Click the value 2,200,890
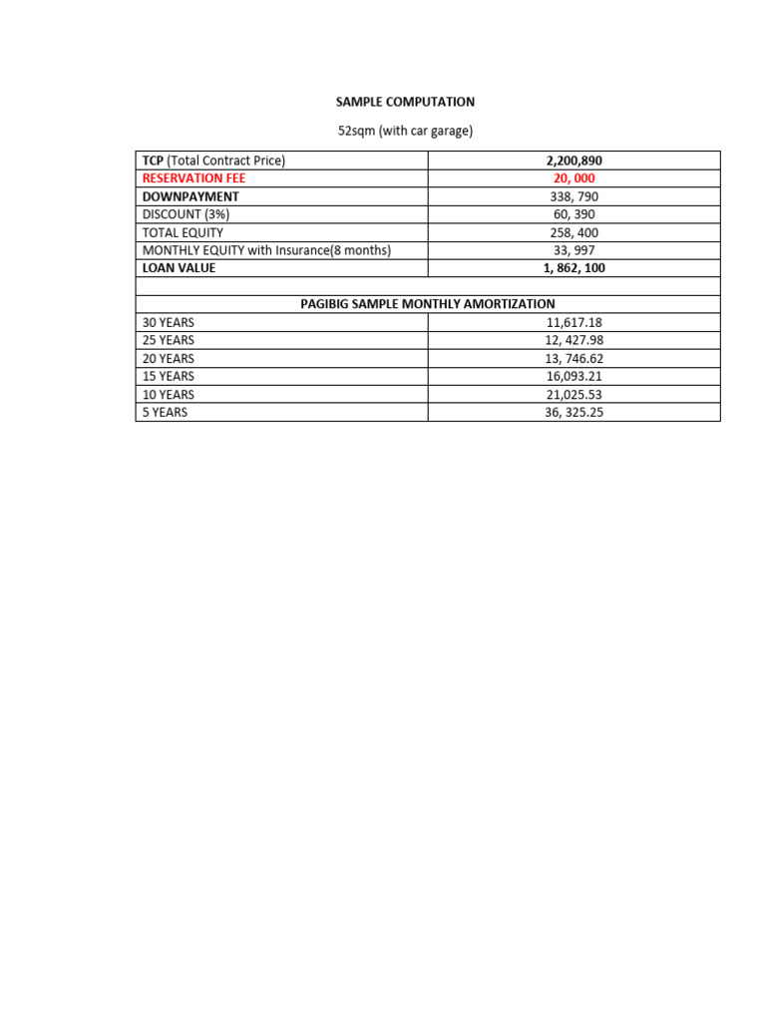tap(574, 161)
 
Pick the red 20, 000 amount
tap(574, 178)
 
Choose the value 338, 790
tap(574, 196)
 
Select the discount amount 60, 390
tap(574, 214)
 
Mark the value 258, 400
tap(574, 232)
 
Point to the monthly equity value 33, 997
tap(574, 250)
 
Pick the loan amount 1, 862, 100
tap(574, 268)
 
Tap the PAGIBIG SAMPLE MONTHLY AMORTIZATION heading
tap(428, 304)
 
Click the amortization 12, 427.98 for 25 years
tap(574, 340)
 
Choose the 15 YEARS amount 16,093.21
tap(574, 376)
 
